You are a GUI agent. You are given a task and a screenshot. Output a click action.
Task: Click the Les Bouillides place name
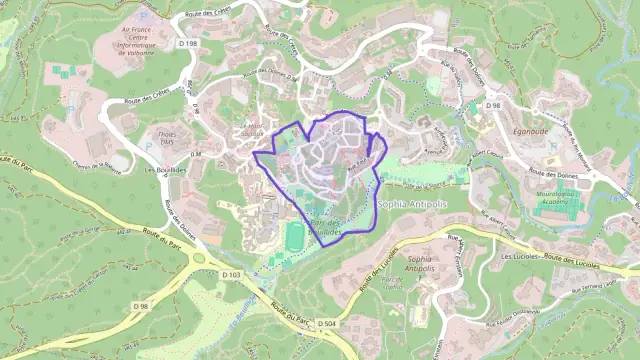tap(164, 170)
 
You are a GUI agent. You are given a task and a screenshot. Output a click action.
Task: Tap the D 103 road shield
tap(232, 273)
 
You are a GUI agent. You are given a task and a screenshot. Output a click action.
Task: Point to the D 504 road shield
tap(326, 324)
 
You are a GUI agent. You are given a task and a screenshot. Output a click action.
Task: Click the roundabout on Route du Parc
tap(197, 258)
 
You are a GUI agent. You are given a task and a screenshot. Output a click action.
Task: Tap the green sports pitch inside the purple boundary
tap(295, 237)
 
